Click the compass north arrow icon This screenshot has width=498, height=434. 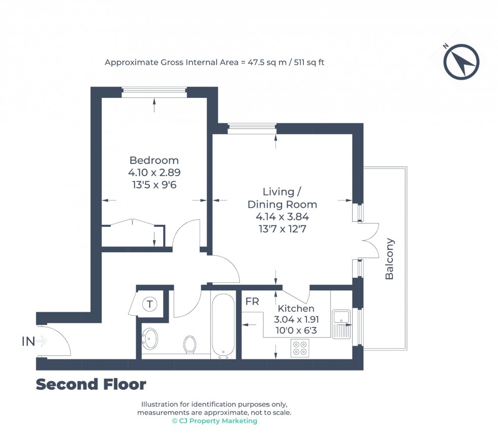click(x=461, y=62)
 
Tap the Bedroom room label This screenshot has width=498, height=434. click(x=154, y=160)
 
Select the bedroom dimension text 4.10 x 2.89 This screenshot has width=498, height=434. click(x=154, y=173)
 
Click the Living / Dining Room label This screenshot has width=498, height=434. click(x=282, y=198)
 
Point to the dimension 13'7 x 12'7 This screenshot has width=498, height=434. click(x=282, y=228)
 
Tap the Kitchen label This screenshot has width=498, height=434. click(x=296, y=309)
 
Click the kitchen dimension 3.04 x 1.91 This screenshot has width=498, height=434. click(x=296, y=320)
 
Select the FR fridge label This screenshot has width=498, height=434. click(x=252, y=302)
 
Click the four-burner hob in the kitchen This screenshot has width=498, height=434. click(x=300, y=348)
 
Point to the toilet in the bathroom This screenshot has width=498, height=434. click(x=190, y=344)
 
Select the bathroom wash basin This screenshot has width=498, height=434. click(x=150, y=339)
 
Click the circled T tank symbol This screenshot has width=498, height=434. click(x=149, y=305)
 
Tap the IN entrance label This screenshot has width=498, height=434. click(x=28, y=342)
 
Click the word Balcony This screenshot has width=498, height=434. click(x=390, y=259)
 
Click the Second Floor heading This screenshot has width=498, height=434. click(x=90, y=385)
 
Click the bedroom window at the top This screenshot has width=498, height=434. click(x=154, y=92)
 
